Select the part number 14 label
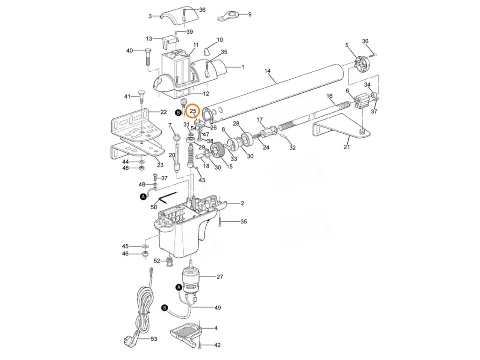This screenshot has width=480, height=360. click(x=268, y=71)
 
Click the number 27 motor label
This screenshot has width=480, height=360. click(x=219, y=277)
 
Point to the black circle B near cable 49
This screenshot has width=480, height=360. click(x=164, y=308)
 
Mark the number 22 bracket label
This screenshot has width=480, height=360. click(x=164, y=112)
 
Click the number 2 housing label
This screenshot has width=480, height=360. click(x=242, y=203)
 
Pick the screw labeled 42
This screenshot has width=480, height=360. click(x=200, y=345)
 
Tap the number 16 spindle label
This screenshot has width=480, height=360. click(x=330, y=96)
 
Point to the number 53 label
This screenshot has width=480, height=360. click(x=153, y=338)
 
